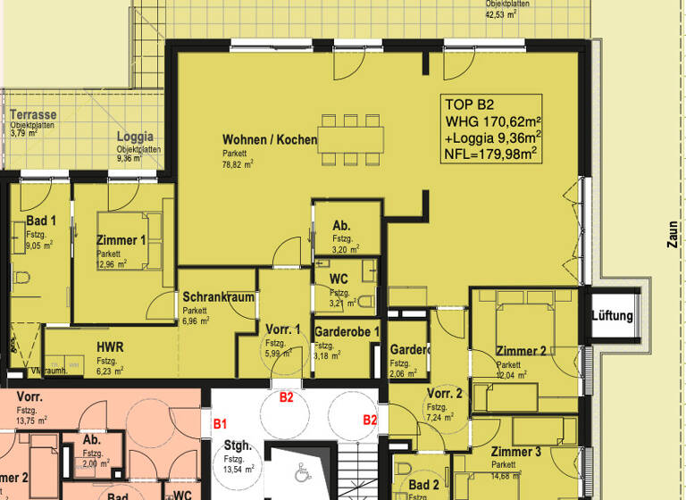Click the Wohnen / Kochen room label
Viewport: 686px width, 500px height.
pyautogui.click(x=269, y=140)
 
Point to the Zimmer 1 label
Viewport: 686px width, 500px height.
pyautogui.click(x=120, y=240)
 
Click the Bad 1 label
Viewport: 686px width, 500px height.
pyautogui.click(x=41, y=221)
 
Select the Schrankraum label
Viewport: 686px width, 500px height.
pyautogui.click(x=219, y=297)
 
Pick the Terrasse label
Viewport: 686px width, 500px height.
pyautogui.click(x=33, y=115)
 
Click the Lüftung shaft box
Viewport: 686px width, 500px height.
pyautogui.click(x=612, y=316)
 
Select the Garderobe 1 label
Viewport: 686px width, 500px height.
pyautogui.click(x=347, y=332)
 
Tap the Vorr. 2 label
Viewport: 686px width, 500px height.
pyautogui.click(x=444, y=394)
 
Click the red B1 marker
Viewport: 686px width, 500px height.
pyautogui.click(x=221, y=419)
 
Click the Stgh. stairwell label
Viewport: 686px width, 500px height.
pyautogui.click(x=237, y=446)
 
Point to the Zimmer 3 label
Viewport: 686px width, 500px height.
pyautogui.click(x=516, y=452)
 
